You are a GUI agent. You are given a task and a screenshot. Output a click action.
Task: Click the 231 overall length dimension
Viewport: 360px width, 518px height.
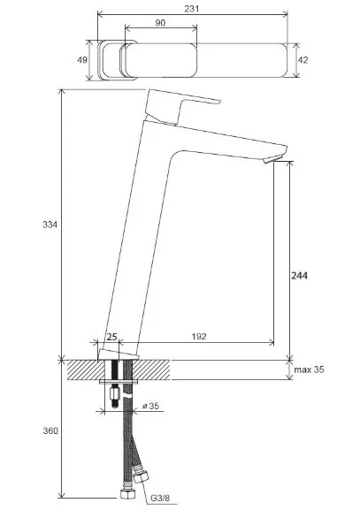192,9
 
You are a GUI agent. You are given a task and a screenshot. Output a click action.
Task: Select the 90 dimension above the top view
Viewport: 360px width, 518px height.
160,23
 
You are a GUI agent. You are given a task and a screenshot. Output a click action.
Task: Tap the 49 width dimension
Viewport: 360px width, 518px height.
82,60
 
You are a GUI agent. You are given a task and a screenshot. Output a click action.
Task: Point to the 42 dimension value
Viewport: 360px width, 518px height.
303,60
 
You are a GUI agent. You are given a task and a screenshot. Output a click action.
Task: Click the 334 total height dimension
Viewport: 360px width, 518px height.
50,225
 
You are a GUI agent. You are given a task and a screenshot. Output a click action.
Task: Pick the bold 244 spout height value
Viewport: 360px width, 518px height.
299,275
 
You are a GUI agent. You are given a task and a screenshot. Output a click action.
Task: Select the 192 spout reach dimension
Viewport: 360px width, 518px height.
199,336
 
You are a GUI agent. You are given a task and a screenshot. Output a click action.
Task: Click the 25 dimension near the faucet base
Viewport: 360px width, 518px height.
111,337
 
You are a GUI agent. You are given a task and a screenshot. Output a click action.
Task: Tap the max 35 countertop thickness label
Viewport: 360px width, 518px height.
309,369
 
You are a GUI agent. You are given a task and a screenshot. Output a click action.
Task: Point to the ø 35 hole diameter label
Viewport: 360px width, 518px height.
150,406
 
